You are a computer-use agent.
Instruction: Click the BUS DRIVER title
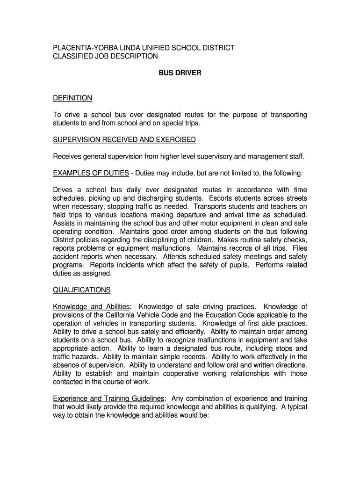(180, 73)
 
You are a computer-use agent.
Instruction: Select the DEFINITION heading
(72, 98)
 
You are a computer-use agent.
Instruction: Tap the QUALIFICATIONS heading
(82, 290)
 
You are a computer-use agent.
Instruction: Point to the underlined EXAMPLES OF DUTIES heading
(91, 173)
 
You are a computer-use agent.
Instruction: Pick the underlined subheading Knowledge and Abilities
(91, 307)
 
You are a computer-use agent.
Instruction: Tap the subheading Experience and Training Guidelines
(109, 399)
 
